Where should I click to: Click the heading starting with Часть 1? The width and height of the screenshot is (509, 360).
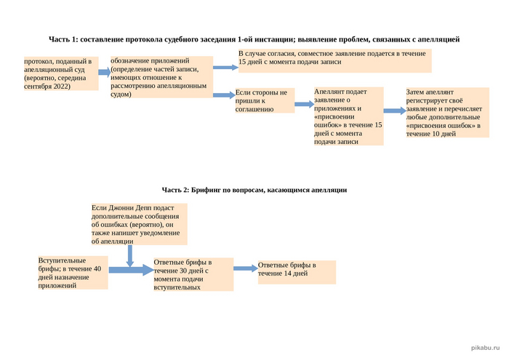tap(254, 38)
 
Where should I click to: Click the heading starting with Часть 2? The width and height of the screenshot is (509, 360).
tap(254, 189)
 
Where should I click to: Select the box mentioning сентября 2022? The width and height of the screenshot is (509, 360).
tap(60, 73)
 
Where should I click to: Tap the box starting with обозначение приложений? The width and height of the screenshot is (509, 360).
tap(160, 76)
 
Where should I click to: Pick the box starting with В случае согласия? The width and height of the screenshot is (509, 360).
tap(334, 61)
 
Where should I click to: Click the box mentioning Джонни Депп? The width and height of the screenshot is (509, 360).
tap(139, 224)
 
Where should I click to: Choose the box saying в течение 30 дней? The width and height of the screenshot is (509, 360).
tap(193, 274)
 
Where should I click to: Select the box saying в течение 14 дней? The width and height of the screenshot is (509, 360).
tap(297, 271)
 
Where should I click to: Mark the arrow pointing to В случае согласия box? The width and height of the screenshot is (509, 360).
tap(224, 67)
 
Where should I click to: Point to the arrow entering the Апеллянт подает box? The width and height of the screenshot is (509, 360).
tap(304, 105)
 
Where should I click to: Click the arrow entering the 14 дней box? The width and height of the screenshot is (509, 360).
tap(245, 268)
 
